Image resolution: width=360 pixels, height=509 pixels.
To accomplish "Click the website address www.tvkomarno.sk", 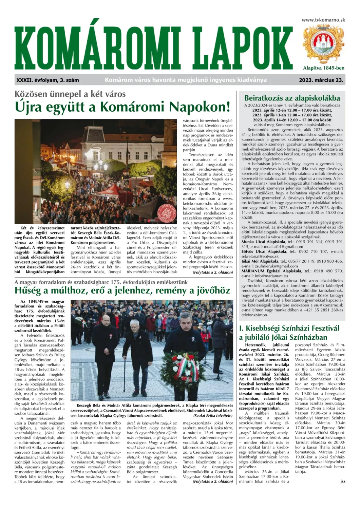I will pos(323,20).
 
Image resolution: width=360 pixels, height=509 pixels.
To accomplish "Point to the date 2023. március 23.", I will pos(321,80).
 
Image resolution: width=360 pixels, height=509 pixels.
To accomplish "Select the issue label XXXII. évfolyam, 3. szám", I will pos(48,80).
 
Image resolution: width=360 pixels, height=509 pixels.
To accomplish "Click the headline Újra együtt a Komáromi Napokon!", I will pos(122,107).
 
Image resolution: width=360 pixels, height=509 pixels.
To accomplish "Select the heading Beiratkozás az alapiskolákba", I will pos(292,98).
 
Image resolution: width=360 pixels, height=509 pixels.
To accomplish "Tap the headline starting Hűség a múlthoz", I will pos(122,290).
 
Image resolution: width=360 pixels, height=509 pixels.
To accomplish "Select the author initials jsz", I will pos(342,481).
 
